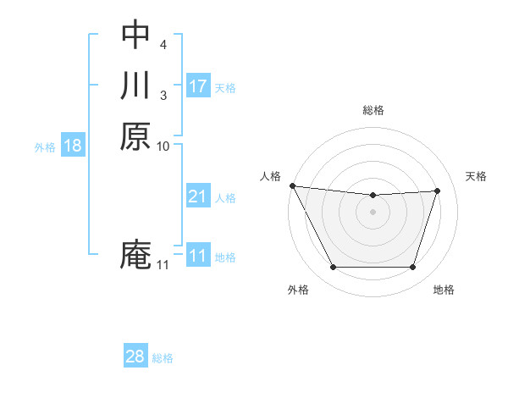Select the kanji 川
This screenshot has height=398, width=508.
135,86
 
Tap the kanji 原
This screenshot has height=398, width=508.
135,136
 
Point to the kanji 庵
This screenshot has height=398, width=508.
135,255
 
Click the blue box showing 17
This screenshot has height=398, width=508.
198,86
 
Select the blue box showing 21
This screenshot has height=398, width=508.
198,196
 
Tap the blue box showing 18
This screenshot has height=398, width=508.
73,146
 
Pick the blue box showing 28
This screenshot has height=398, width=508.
135,357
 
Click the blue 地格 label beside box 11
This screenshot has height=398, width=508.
225,257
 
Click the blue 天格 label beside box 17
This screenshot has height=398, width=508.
225,88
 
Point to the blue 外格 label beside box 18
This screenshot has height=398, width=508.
45,147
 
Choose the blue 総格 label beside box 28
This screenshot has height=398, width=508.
163,358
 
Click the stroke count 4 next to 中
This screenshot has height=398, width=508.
163,42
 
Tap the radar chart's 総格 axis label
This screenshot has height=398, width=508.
373,110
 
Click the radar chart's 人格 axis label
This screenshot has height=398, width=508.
270,175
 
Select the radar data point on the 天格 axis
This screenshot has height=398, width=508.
437,191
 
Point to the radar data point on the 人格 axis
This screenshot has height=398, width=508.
292,185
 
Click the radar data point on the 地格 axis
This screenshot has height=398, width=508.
413,268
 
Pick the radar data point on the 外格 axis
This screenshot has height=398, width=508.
333,268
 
